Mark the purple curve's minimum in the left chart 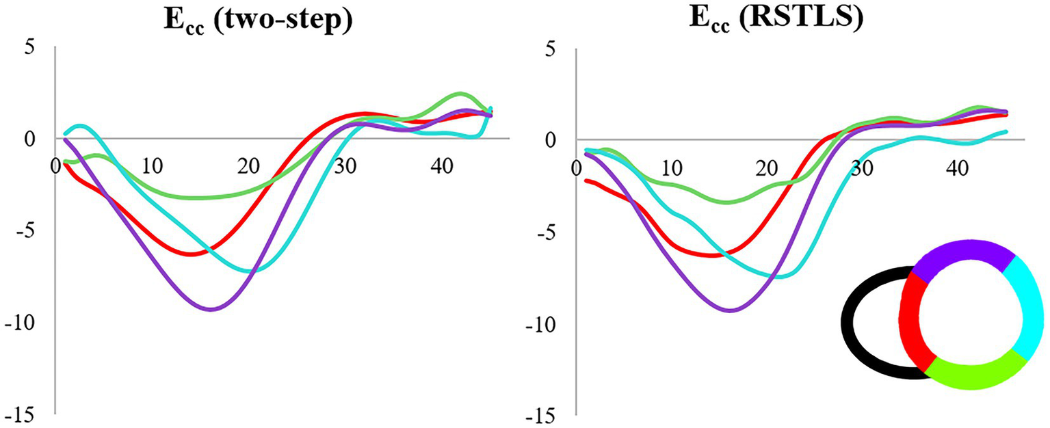[x=212, y=309]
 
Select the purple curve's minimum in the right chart [x=731, y=310]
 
